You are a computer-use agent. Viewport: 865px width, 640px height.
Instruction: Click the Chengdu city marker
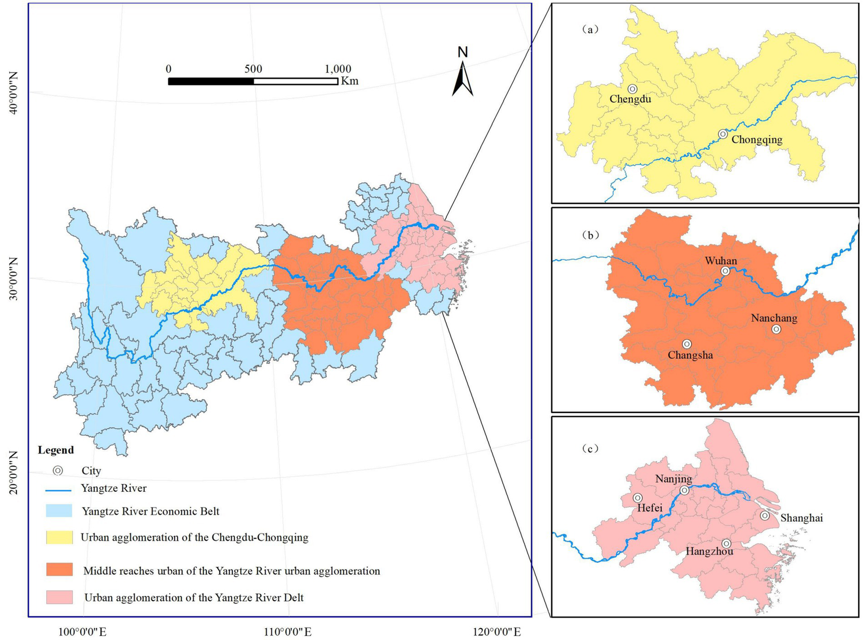[632, 89]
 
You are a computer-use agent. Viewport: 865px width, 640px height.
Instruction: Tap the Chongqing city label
[757, 140]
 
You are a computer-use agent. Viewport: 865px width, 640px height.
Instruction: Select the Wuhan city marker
[725, 271]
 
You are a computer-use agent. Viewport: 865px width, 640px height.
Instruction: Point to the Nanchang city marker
[777, 329]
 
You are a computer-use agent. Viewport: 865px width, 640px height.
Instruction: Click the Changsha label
[690, 355]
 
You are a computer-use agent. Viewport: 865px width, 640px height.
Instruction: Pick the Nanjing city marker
[685, 490]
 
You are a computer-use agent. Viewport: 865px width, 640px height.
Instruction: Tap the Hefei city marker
[637, 498]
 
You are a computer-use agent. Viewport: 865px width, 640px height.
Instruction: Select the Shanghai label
[801, 518]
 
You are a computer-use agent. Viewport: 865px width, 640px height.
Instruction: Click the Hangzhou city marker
[726, 544]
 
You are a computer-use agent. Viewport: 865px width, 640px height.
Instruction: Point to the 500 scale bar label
[253, 69]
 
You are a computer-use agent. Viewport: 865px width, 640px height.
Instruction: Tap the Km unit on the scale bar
[349, 81]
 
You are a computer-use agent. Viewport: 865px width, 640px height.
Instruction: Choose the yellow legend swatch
[59, 537]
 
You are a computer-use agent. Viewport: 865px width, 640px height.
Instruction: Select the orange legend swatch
[59, 570]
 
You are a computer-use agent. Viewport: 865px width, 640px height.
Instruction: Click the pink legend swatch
[59, 597]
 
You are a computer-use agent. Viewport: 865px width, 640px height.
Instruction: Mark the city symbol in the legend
[57, 470]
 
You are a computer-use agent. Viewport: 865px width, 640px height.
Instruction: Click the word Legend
[56, 450]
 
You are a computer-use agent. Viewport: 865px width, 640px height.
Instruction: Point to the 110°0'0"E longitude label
[289, 632]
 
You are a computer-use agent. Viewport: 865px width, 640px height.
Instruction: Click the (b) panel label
[590, 235]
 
